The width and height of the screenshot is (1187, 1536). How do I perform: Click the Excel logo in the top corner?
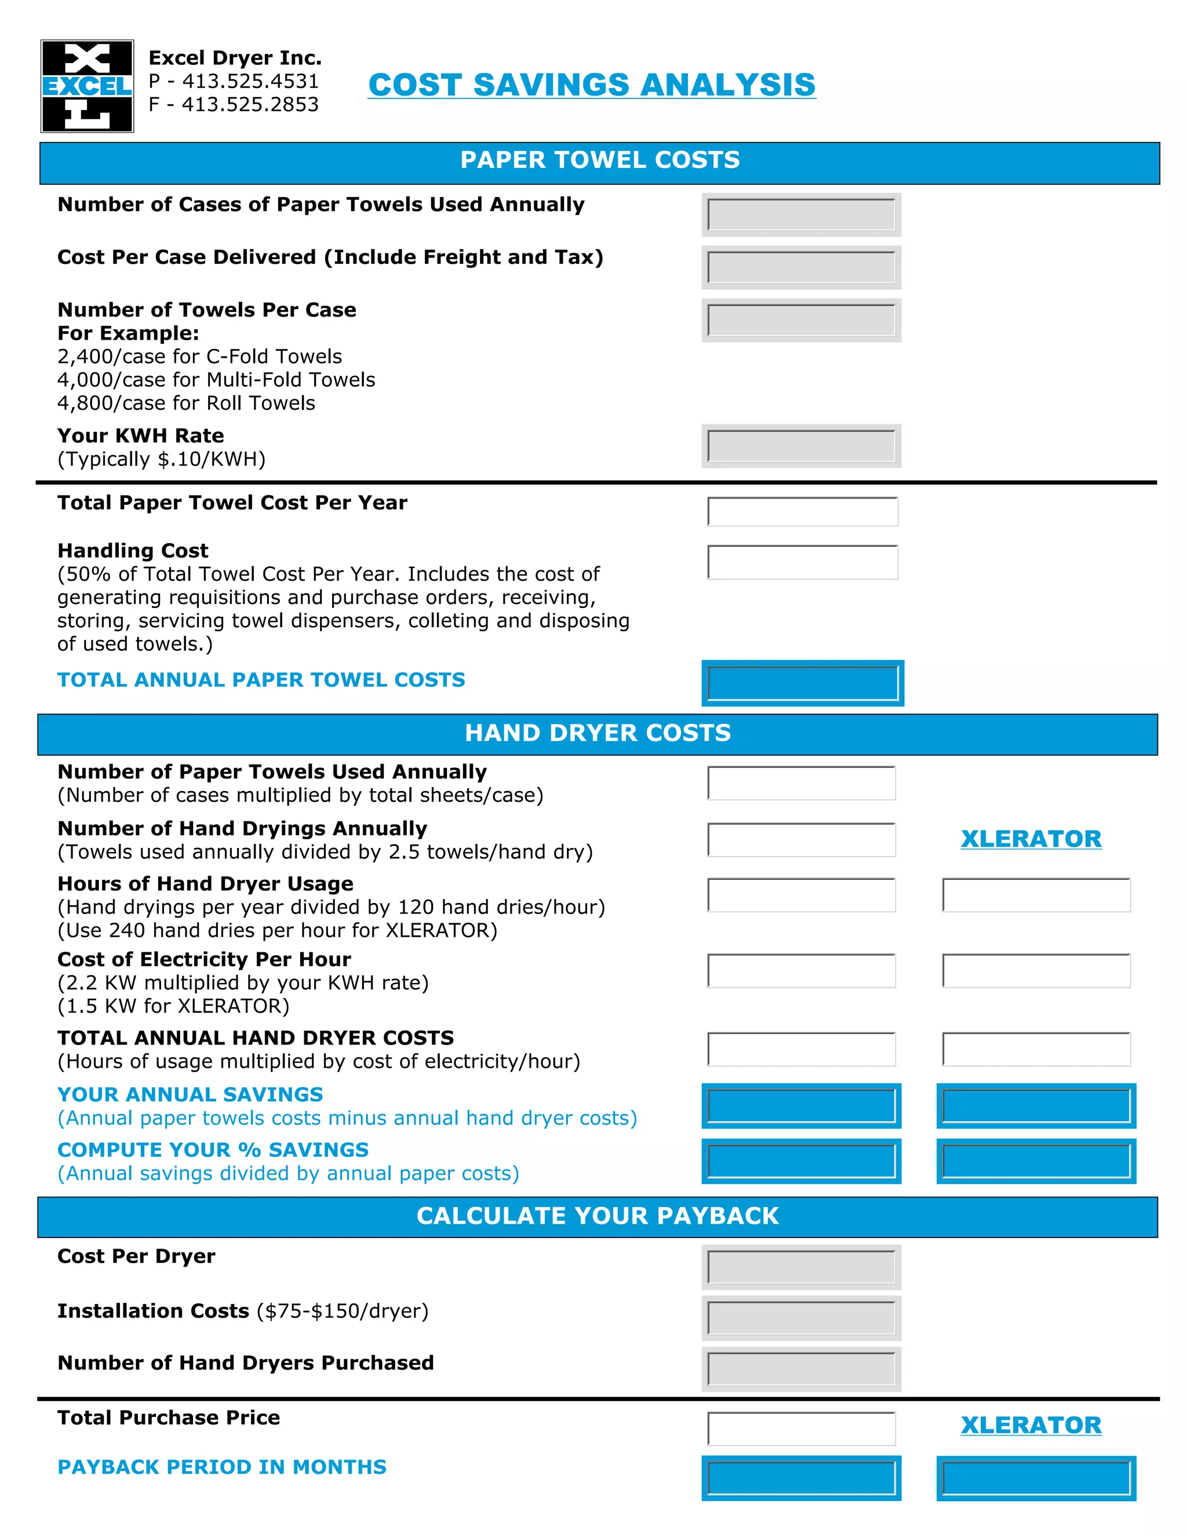(87, 86)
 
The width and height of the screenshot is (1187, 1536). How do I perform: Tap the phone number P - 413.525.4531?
(234, 81)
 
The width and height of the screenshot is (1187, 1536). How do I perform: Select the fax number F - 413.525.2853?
(234, 104)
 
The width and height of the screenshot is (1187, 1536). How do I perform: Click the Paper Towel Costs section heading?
(599, 161)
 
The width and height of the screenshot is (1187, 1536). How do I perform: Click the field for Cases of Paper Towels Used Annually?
(801, 214)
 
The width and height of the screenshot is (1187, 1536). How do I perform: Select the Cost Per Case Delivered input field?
(801, 267)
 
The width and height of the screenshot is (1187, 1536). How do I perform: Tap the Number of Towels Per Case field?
(801, 320)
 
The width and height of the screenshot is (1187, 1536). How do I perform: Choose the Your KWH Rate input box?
(801, 446)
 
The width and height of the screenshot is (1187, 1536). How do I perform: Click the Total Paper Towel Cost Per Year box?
(802, 511)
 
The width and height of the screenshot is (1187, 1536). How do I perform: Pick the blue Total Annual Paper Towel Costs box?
(802, 683)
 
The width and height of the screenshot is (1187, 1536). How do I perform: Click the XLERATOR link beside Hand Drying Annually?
(1031, 838)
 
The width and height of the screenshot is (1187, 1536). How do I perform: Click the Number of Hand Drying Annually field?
(801, 840)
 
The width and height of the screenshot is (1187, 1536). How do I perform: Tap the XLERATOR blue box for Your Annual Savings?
(1036, 1105)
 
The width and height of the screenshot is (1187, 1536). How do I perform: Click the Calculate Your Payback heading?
(598, 1216)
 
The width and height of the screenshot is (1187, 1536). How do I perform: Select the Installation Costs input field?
(801, 1318)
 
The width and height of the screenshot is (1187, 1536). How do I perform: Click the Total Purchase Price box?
(801, 1428)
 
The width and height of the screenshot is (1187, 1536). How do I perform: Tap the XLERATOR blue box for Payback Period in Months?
(1036, 1477)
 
